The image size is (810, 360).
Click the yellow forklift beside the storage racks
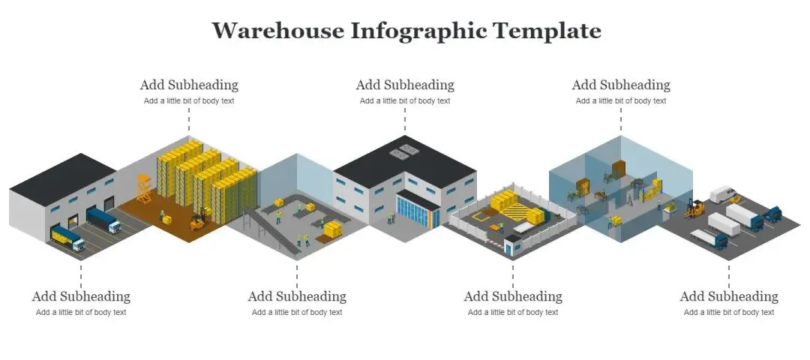199,220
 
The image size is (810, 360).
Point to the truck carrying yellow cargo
67,238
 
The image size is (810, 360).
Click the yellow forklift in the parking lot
695,208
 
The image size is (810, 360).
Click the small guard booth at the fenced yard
513,245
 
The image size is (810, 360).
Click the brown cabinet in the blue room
619,169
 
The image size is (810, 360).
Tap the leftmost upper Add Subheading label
189,85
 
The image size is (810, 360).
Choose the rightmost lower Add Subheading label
729,296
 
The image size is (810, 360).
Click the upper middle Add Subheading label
405,85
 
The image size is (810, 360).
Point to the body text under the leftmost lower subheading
81,313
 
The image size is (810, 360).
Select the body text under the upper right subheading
621,101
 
